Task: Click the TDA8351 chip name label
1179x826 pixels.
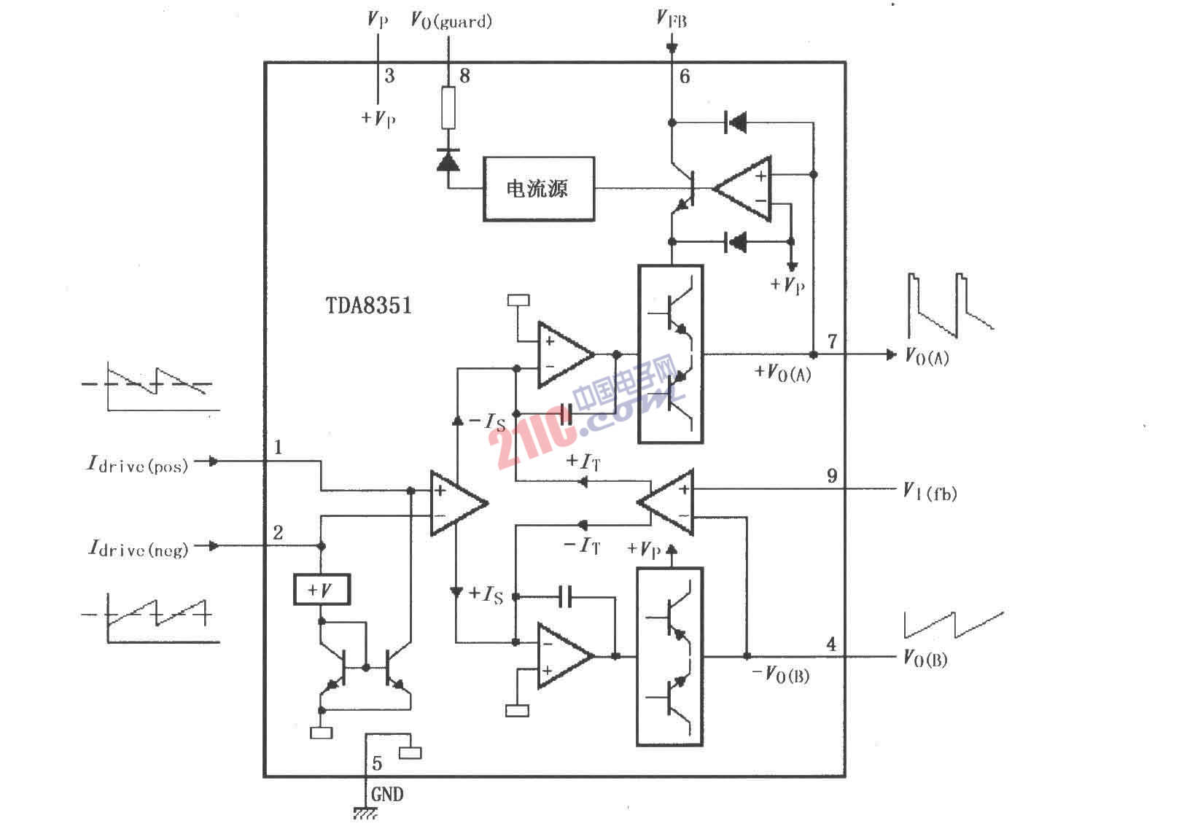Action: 369,305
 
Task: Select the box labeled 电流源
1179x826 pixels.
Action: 538,189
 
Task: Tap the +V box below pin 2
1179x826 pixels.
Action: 322,589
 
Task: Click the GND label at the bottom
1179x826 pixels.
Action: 387,794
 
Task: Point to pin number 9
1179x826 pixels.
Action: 832,476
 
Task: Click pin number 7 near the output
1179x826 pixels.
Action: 832,341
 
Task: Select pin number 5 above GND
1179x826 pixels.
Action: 377,763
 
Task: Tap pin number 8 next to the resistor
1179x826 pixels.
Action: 464,76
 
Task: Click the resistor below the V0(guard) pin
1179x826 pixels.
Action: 448,107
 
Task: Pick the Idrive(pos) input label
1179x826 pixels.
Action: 138,464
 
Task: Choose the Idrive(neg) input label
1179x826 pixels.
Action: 138,548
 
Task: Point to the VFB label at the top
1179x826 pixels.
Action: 672,19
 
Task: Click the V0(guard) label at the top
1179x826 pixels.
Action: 451,20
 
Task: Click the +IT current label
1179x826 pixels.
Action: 583,461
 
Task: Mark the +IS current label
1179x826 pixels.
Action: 486,594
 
